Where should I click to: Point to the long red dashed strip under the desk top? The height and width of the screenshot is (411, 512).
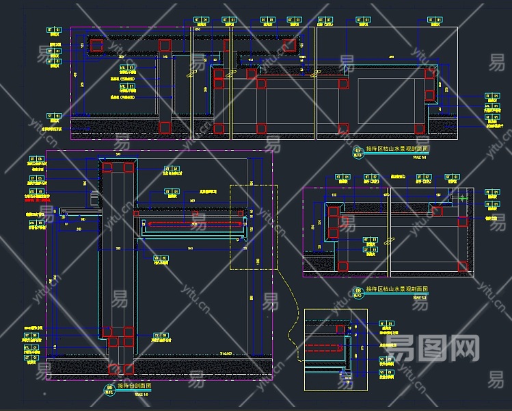pos(191,223)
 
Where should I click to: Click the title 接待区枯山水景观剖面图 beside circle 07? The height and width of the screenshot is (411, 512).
pos(397,148)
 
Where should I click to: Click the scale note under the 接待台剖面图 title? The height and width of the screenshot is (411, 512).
pos(141,395)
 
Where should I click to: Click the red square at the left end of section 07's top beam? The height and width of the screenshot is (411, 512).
pos(96,45)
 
